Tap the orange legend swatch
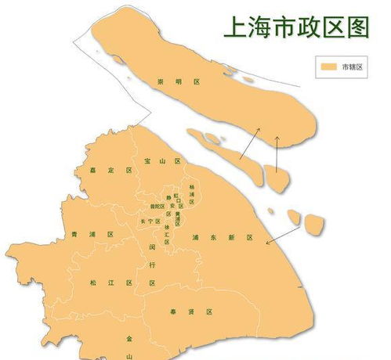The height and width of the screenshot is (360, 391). pyautogui.click(x=327, y=67)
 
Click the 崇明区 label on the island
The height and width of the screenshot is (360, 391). pyautogui.click(x=168, y=81)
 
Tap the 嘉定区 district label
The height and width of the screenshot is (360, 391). pyautogui.click(x=110, y=170)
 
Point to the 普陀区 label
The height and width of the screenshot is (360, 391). pyautogui.click(x=157, y=207)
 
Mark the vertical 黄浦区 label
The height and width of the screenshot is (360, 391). pyautogui.click(x=177, y=216)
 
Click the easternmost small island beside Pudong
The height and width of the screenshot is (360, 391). pyautogui.click(x=315, y=225)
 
